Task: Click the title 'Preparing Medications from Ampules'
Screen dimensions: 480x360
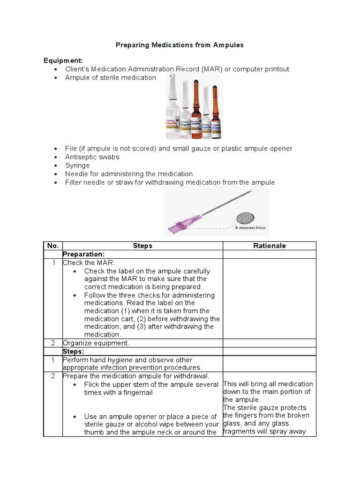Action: pyautogui.click(x=180, y=45)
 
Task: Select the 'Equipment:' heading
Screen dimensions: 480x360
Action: pyautogui.click(x=63, y=60)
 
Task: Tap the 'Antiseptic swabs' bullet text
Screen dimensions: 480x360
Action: pyautogui.click(x=92, y=157)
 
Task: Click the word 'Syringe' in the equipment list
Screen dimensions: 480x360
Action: pyautogui.click(x=77, y=165)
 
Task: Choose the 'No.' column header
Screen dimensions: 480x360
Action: pyautogui.click(x=52, y=246)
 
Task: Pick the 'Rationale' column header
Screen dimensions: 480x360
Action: pyautogui.click(x=270, y=246)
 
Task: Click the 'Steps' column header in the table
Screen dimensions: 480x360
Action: pyautogui.click(x=142, y=246)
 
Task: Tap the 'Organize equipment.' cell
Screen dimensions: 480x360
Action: pyautogui.click(x=96, y=343)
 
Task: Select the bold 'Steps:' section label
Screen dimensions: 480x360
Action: pyautogui.click(x=74, y=351)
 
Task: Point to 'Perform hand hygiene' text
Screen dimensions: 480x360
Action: pyautogui.click(x=96, y=360)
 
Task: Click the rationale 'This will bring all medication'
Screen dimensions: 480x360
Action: pyautogui.click(x=268, y=384)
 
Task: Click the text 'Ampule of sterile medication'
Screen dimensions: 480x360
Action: pyautogui.click(x=111, y=77)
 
